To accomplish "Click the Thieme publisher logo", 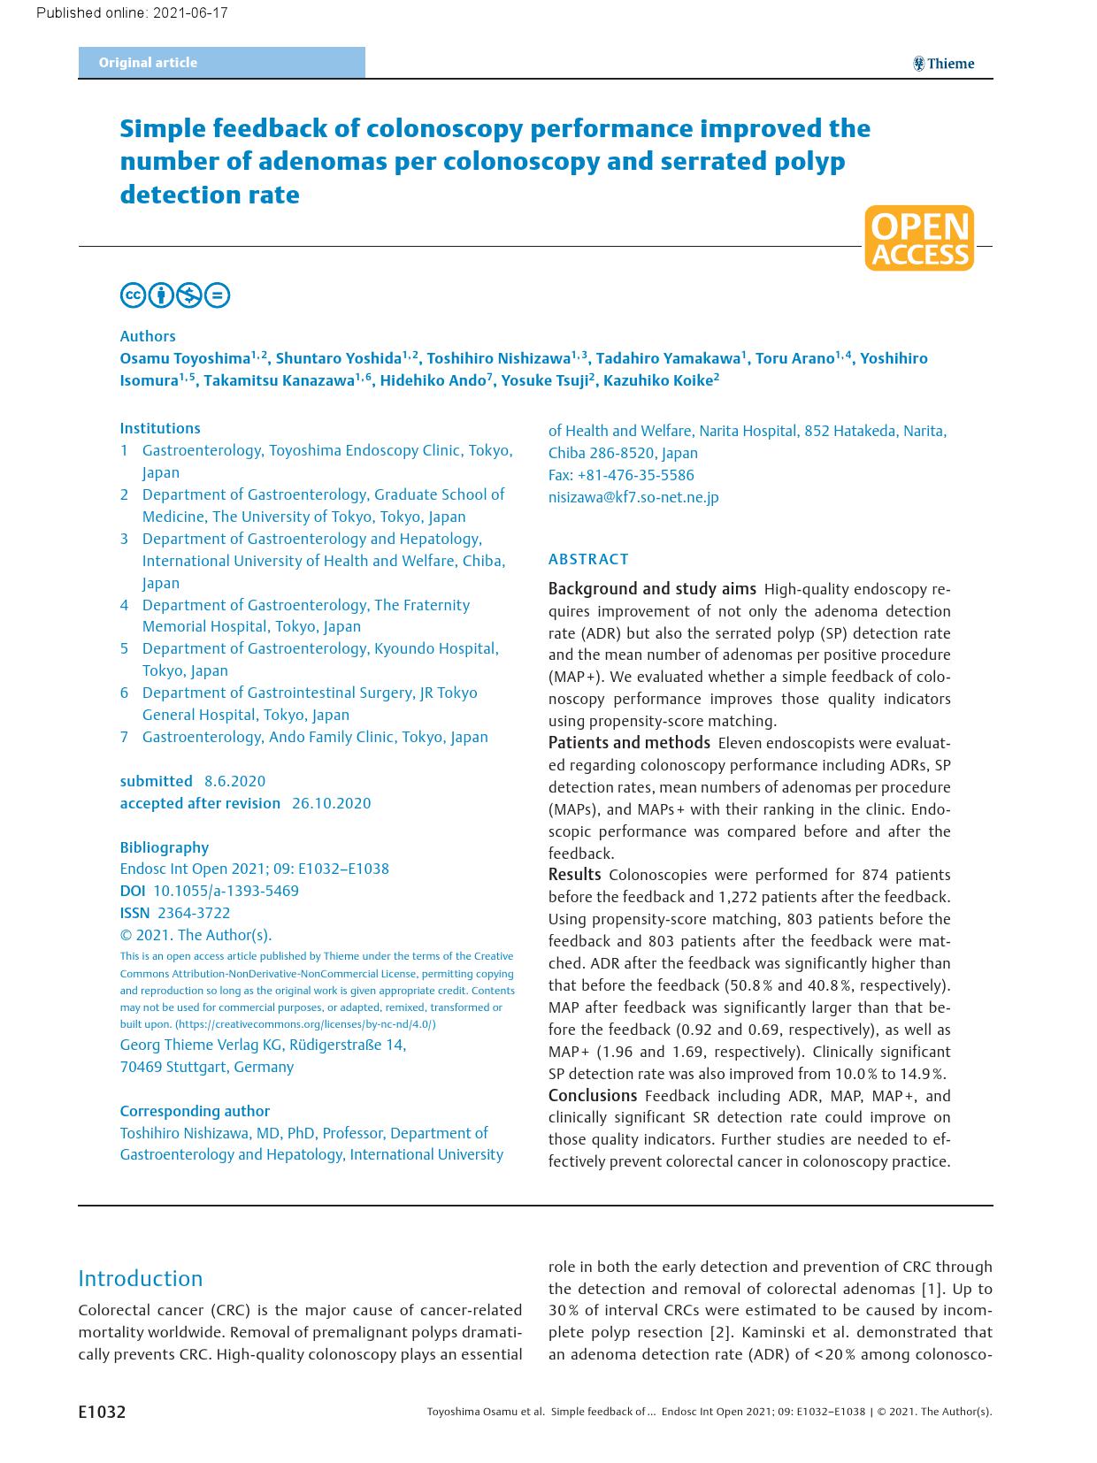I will [943, 64].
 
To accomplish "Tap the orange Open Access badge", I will [919, 239].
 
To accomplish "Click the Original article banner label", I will [148, 63].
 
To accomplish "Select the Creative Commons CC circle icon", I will [133, 295].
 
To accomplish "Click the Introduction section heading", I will [140, 1278].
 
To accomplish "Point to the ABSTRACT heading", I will [588, 559].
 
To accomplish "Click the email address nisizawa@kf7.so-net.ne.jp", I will [633, 497].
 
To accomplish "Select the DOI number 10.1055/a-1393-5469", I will [226, 891].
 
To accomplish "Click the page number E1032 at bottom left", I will [102, 1412].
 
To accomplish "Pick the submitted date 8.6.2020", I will [234, 781].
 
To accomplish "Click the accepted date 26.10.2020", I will [331, 803].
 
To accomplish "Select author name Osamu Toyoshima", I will [185, 359].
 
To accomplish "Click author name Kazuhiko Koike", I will [658, 381].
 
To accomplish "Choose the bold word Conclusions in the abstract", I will [592, 1096].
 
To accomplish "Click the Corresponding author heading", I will [195, 1111].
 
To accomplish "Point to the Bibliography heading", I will [165, 847].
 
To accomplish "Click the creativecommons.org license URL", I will [305, 1024].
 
